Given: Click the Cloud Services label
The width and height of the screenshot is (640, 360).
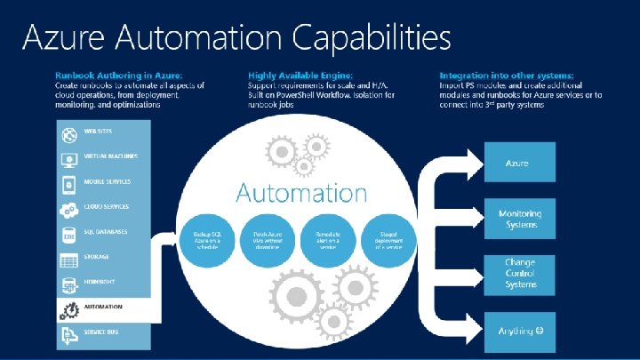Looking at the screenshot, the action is pyautogui.click(x=107, y=207).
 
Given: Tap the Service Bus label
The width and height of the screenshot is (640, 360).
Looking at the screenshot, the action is pyautogui.click(x=101, y=332).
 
